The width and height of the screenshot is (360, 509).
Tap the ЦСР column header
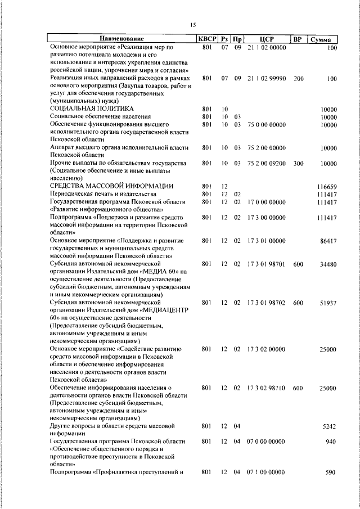point(267,39)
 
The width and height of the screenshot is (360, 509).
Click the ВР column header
point(297,39)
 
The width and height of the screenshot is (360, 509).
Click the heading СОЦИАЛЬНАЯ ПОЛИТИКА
point(91,108)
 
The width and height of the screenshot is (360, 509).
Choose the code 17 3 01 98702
point(267,303)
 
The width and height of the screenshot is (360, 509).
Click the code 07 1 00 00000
point(267,472)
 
